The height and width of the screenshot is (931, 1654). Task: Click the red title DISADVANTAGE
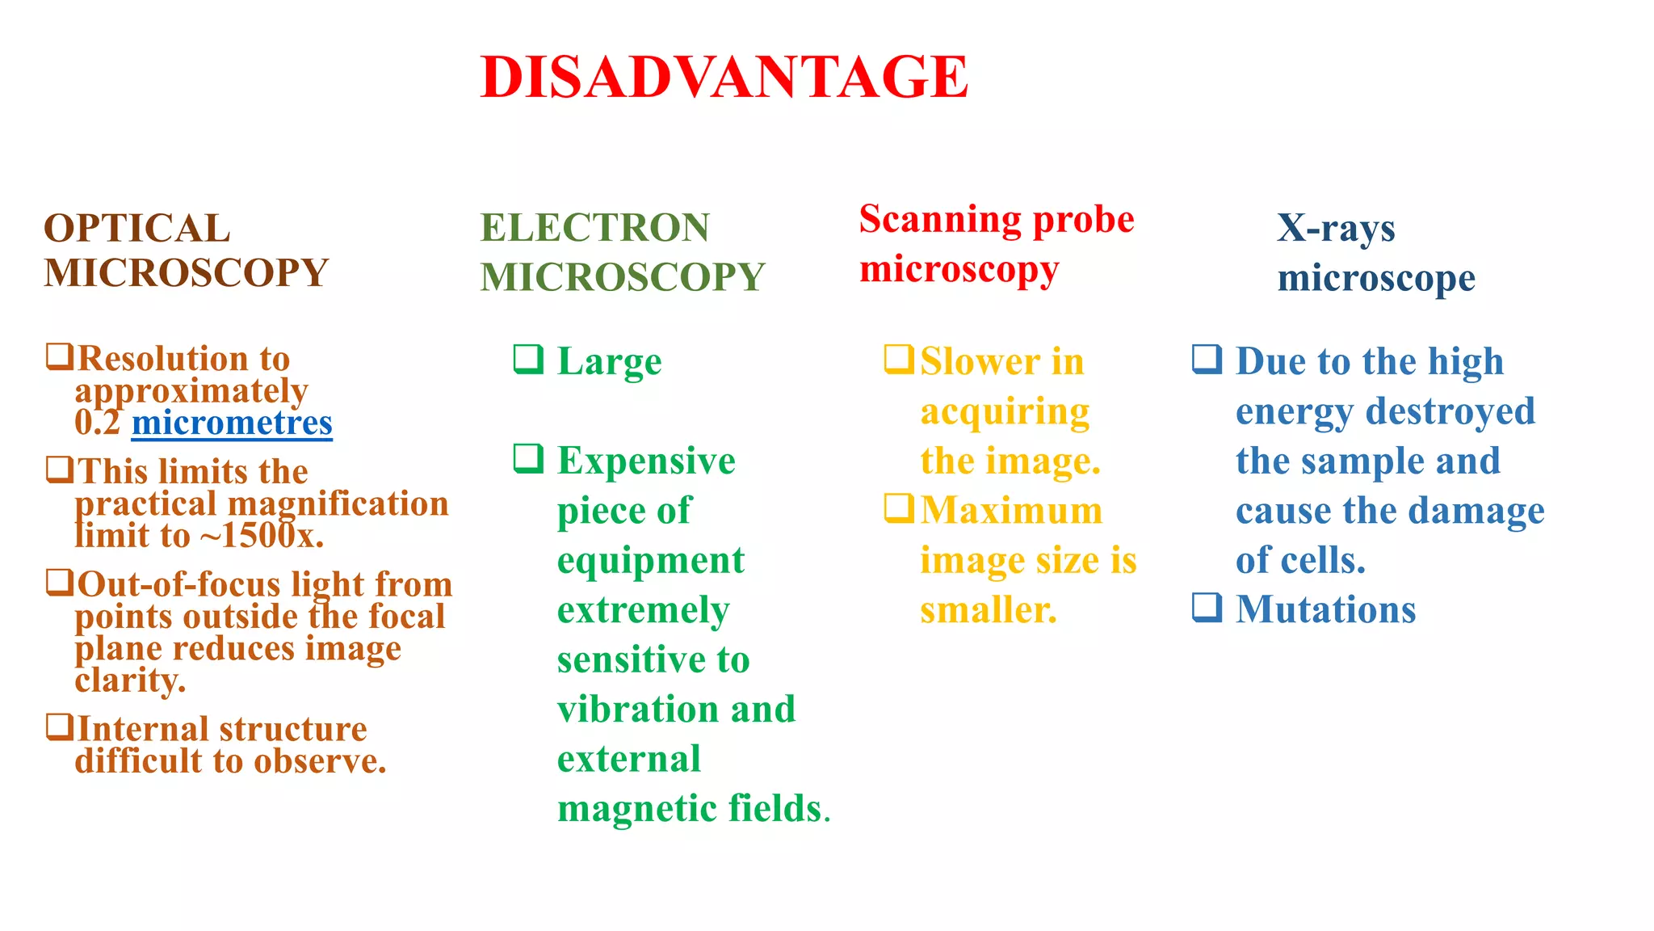click(x=724, y=78)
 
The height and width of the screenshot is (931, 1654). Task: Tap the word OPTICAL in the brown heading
click(x=136, y=229)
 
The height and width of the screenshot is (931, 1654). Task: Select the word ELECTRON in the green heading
click(x=594, y=228)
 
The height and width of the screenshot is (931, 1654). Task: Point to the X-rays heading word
click(x=1336, y=229)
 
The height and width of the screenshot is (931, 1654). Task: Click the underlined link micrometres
click(x=232, y=423)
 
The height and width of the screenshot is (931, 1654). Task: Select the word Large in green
click(x=609, y=362)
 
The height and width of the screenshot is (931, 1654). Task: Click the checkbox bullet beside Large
click(x=529, y=359)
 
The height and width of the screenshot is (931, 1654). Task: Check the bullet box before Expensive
click(x=529, y=458)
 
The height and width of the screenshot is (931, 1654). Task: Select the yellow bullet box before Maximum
click(x=899, y=508)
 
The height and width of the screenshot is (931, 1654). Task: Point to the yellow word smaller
click(x=988, y=611)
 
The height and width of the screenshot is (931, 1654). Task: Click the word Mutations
click(x=1325, y=609)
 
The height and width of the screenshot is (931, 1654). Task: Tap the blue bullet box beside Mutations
click(x=1207, y=607)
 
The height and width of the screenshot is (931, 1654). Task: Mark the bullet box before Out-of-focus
click(x=60, y=582)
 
